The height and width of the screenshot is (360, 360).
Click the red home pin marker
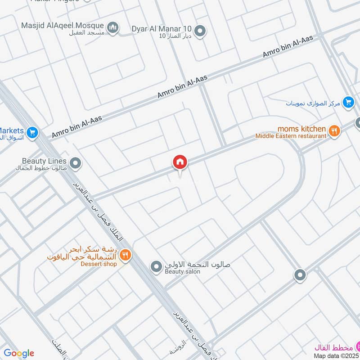click(x=180, y=162)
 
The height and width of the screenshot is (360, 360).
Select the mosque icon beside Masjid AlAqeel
click(x=114, y=27)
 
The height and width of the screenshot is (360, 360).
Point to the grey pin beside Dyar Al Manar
click(x=201, y=31)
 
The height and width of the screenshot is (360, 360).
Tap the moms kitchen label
click(x=301, y=129)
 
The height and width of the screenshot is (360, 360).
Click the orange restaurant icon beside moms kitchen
click(x=334, y=131)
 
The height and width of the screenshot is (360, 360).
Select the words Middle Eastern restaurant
click(x=291, y=135)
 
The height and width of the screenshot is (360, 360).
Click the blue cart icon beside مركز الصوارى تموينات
click(x=348, y=103)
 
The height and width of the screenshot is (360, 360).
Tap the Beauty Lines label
click(x=44, y=161)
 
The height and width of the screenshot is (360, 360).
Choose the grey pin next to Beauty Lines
click(x=76, y=163)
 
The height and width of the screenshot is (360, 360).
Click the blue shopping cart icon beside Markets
click(x=31, y=133)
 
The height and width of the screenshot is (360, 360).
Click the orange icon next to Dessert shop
click(x=125, y=255)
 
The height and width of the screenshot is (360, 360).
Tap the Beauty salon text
click(x=181, y=271)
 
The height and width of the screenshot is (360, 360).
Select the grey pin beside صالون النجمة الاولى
click(x=156, y=267)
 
